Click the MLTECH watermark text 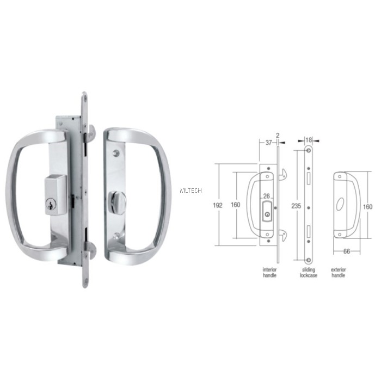coord(190,190)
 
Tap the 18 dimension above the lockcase coord(308,140)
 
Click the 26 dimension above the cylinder coord(267,196)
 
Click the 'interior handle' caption coord(270,272)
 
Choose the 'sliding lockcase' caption coord(308,272)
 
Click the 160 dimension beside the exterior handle coord(368,207)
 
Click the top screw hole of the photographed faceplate coord(84,99)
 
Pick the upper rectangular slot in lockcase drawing coord(308,178)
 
